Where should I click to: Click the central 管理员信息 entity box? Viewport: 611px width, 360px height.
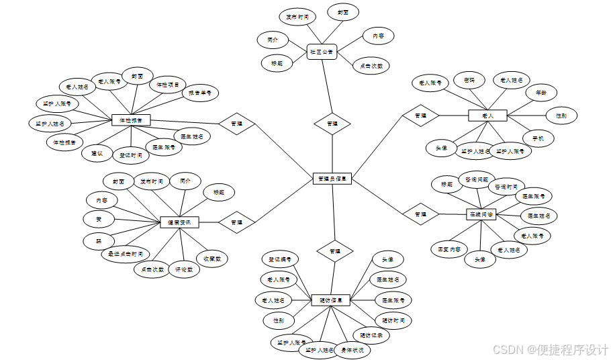[332, 179]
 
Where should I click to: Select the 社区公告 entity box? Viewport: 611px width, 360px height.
[322, 51]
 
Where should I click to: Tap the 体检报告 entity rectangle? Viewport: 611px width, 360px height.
[131, 120]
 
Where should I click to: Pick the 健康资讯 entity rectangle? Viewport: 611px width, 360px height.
[179, 222]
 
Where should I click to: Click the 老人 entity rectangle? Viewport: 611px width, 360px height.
[487, 116]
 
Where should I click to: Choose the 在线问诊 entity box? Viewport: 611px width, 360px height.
[481, 214]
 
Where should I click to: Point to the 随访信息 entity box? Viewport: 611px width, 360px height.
[331, 300]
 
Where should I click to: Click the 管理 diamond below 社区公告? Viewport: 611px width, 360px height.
[332, 124]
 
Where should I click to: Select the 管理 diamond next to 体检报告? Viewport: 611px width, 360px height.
[237, 124]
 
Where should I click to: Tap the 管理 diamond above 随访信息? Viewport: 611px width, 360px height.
[335, 251]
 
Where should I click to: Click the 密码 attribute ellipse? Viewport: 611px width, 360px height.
[469, 81]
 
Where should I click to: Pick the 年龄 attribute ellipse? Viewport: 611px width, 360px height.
[541, 92]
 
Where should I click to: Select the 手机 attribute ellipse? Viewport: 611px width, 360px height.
[538, 139]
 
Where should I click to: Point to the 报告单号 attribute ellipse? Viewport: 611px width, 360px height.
[199, 93]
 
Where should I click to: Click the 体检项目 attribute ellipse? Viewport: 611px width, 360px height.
[167, 85]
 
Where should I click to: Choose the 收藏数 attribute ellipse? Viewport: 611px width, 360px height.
[212, 258]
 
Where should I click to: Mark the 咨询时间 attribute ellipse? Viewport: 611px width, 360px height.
[506, 187]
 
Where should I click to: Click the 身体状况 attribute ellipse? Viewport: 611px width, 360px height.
[352, 350]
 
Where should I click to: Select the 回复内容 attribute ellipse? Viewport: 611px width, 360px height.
[448, 249]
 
